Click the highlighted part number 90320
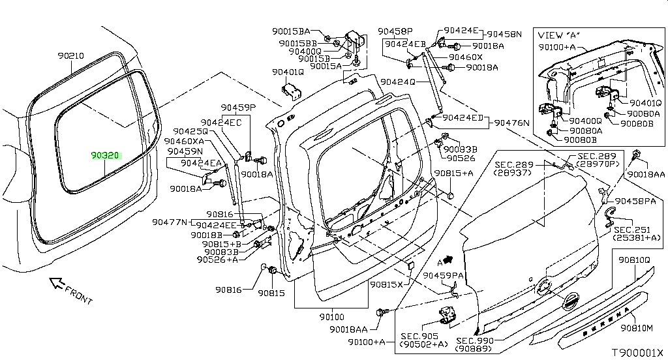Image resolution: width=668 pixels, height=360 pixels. (x=104, y=156)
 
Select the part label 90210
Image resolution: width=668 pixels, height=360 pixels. (x=70, y=56)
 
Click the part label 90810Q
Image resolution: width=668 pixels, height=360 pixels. (x=635, y=260)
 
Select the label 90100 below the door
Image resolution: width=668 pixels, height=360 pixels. (x=331, y=317)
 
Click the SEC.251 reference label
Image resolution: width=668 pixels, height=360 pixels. (x=632, y=230)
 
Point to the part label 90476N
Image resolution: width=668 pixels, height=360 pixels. (x=512, y=123)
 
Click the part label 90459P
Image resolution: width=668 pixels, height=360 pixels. (x=237, y=108)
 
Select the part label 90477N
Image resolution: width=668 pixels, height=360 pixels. (x=170, y=222)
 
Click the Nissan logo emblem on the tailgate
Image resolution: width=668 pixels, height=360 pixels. (x=570, y=303)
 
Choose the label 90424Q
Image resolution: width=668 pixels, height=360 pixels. (x=398, y=82)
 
